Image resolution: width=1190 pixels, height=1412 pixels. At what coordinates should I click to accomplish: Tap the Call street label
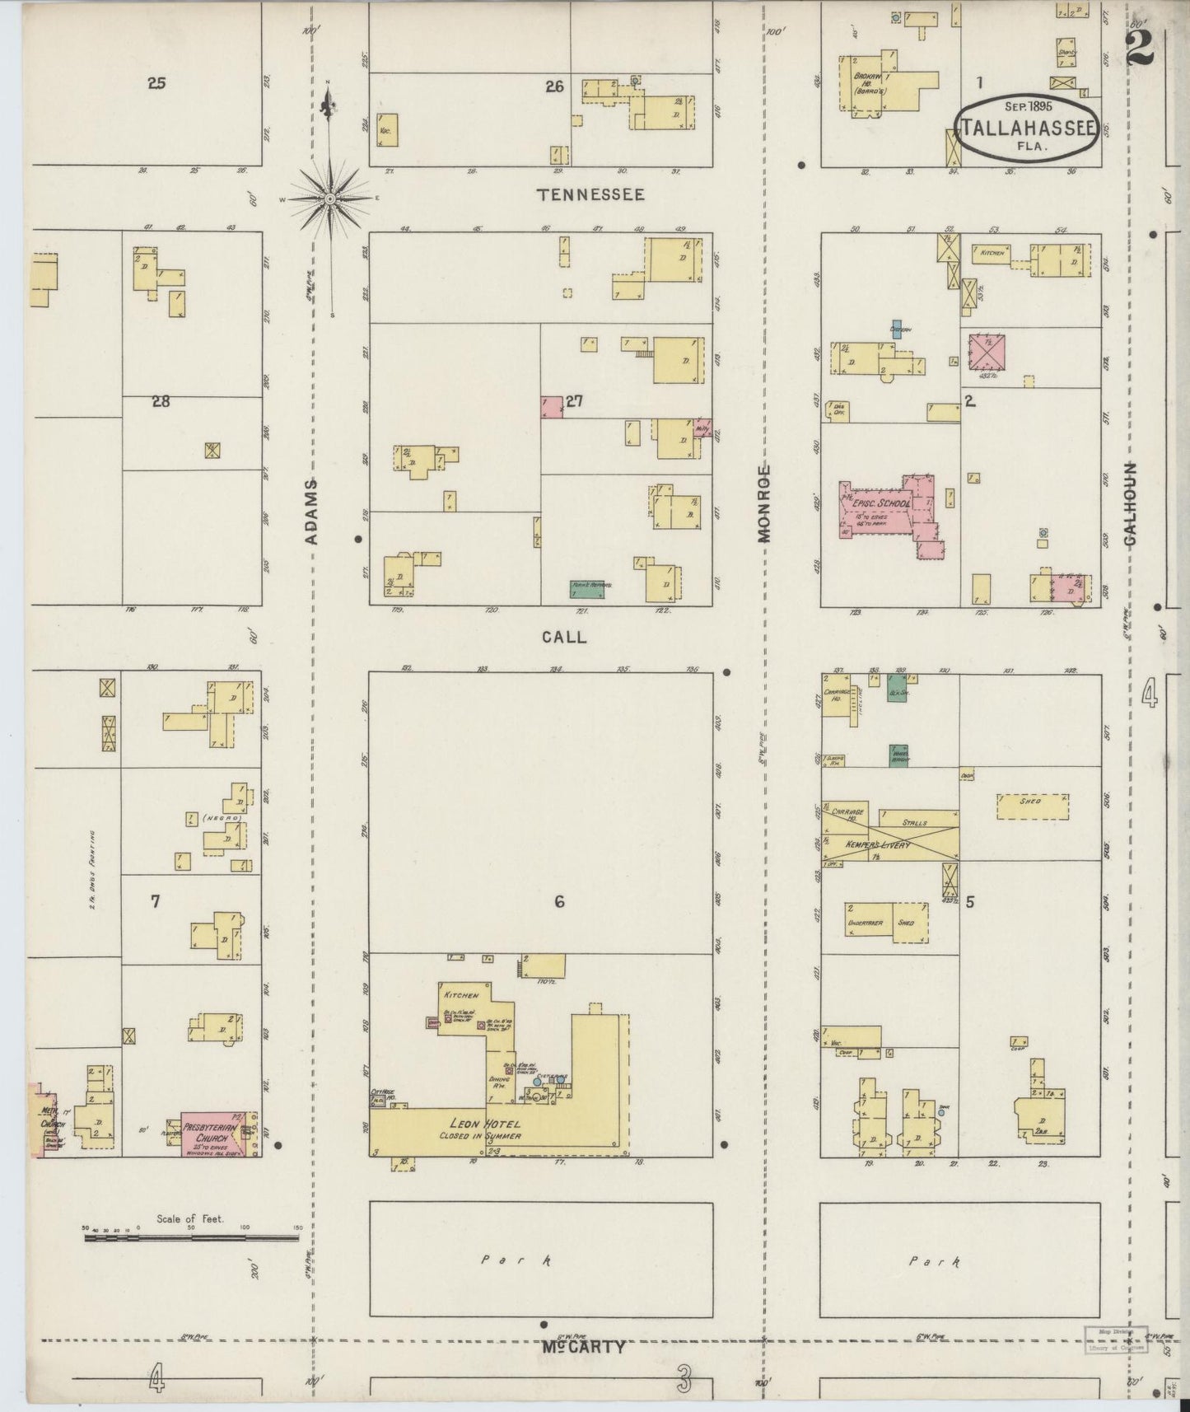click(x=564, y=637)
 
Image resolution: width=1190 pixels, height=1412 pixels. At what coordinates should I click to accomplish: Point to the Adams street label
click(x=311, y=511)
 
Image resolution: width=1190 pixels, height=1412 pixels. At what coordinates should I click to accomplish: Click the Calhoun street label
click(x=1129, y=503)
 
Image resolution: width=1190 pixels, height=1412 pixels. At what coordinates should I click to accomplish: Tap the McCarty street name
click(x=584, y=1348)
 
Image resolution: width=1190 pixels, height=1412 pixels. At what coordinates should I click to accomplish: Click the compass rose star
click(x=329, y=199)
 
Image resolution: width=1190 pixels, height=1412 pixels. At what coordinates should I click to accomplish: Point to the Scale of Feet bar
click(x=191, y=1237)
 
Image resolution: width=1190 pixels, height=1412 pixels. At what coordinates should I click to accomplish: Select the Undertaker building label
click(x=865, y=923)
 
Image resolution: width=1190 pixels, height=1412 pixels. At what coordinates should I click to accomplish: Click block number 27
click(x=574, y=401)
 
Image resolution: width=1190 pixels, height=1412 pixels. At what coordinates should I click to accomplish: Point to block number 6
click(x=559, y=902)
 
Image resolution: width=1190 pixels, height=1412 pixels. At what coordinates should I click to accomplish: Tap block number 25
click(x=156, y=82)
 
